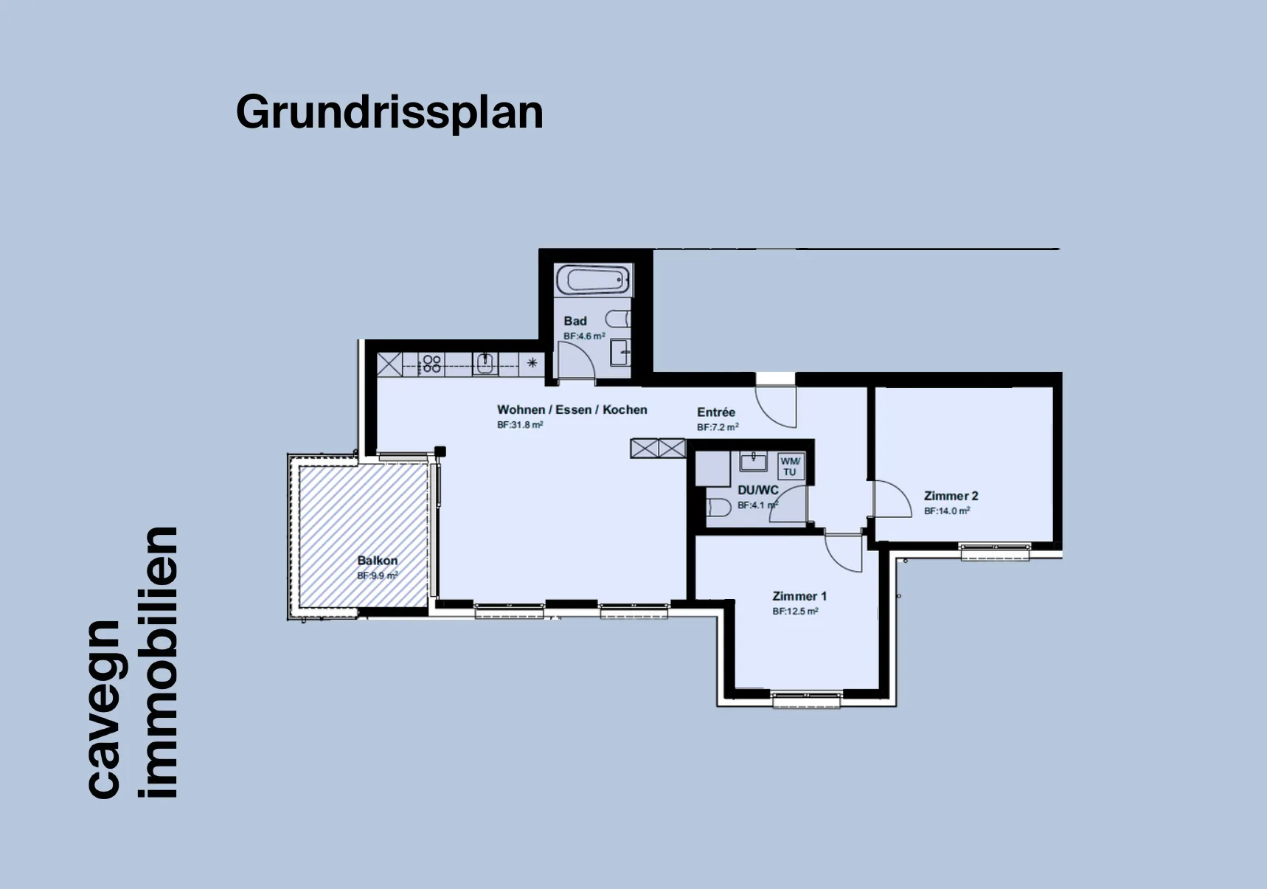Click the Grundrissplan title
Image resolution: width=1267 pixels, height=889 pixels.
point(389,113)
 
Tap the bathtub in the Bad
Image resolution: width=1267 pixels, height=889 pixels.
point(593,280)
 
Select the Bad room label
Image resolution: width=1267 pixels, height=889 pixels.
point(575,321)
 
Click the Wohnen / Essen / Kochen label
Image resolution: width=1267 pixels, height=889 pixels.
point(572,409)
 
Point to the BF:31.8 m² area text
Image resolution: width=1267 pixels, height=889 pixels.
point(520,425)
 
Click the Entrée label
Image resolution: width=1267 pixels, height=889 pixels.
point(716,412)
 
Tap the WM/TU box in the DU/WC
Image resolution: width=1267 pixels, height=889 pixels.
point(790,466)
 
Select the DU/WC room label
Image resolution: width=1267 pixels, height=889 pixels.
point(758,491)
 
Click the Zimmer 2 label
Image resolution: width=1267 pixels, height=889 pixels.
point(951,496)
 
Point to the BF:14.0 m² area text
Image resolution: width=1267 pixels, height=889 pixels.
point(947,511)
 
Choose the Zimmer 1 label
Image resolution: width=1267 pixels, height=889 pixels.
point(799,596)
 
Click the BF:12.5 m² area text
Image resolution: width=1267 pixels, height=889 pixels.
point(795,611)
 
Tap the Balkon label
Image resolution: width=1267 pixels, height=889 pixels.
point(378,561)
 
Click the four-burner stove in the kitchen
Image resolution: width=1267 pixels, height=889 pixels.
point(431,364)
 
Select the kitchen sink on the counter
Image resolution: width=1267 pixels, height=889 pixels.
point(485,364)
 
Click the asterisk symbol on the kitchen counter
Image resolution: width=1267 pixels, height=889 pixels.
point(532,362)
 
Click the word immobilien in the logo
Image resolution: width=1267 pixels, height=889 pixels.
point(158,663)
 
